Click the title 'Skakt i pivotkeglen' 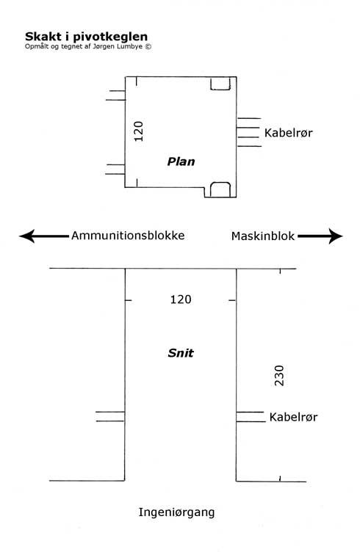coord(86,37)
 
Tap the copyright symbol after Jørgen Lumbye coord(148,46)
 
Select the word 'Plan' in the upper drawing coord(181,161)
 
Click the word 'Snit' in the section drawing coord(181,353)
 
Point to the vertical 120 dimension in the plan coord(139,131)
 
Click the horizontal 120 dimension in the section coord(181,299)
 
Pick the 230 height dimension coord(279,376)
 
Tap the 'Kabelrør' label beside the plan coord(289,133)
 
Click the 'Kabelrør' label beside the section coord(293,417)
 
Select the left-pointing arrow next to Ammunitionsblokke coord(44,236)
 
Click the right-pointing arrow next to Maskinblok coord(320,236)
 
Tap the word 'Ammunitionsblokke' coord(128,235)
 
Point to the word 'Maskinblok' coord(263,236)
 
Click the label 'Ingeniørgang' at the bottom coord(176,512)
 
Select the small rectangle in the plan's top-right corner coord(220,84)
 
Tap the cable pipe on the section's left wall coord(110,416)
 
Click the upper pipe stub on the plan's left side coord(115,95)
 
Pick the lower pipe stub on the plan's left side coord(115,170)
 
